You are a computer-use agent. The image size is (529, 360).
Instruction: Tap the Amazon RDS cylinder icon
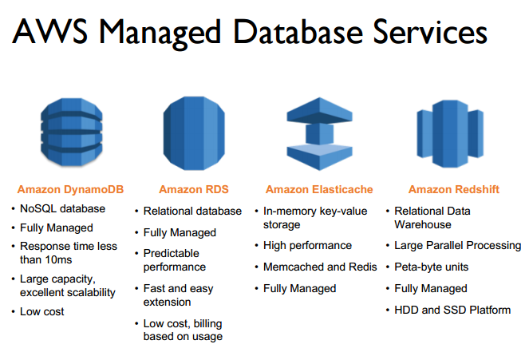tap(193, 127)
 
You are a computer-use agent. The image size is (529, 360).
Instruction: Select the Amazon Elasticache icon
tap(319, 127)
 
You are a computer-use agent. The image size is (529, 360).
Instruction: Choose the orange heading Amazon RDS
tap(194, 189)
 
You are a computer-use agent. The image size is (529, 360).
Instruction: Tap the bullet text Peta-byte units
tap(432, 267)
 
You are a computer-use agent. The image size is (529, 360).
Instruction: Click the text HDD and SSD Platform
tap(452, 310)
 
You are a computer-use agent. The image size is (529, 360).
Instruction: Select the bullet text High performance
tap(307, 245)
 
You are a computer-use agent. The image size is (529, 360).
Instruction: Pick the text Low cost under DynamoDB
tap(42, 311)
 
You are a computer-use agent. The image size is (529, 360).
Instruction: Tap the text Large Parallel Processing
tap(458, 245)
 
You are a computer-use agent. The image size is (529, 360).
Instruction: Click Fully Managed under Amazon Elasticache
tap(300, 288)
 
